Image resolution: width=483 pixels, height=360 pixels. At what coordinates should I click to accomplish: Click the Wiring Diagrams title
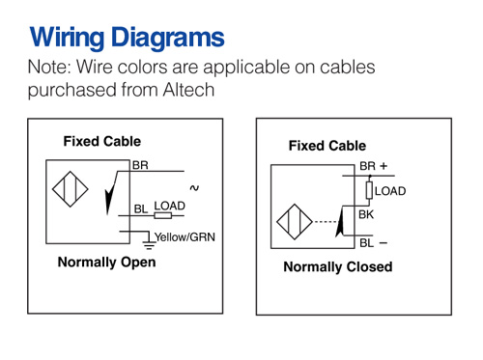pos(127,38)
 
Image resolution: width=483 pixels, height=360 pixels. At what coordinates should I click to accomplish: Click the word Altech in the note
pos(188,90)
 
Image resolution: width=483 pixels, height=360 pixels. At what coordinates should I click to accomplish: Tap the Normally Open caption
pos(106,263)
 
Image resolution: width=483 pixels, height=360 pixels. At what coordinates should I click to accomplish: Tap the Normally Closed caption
pos(338,267)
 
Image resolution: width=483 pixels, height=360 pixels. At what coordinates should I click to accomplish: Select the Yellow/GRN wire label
pos(185,237)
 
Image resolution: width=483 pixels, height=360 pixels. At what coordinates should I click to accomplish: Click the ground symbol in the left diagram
pos(149,244)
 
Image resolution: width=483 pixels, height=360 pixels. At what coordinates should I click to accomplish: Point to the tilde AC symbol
pos(194,188)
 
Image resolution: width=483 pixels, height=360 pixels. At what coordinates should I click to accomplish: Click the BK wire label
pos(366,214)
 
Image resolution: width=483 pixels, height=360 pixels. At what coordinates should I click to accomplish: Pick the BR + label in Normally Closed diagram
pos(374,166)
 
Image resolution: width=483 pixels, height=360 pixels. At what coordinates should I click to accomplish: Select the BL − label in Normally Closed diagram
pos(373,243)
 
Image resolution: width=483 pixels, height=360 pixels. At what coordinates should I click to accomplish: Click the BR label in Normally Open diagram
pos(140,165)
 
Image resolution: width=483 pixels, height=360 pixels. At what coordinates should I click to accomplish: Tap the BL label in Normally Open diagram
pos(141,209)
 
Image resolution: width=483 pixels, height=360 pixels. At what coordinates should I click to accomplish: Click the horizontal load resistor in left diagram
pos(163,215)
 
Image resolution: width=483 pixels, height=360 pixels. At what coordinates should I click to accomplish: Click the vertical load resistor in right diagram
pos(369,190)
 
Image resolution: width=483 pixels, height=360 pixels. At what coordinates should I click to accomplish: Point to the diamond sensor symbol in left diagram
pos(71,189)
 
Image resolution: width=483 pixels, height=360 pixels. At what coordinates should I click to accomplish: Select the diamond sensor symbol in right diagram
pos(295,222)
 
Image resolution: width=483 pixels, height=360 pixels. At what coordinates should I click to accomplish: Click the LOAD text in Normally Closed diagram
pos(390,191)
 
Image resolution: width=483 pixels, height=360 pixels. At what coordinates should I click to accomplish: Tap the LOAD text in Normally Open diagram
pos(170,206)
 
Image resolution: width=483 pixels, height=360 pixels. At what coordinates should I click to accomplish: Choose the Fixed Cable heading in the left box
pos(102,142)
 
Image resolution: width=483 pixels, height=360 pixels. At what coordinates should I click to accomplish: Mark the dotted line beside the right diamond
pos(326,222)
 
